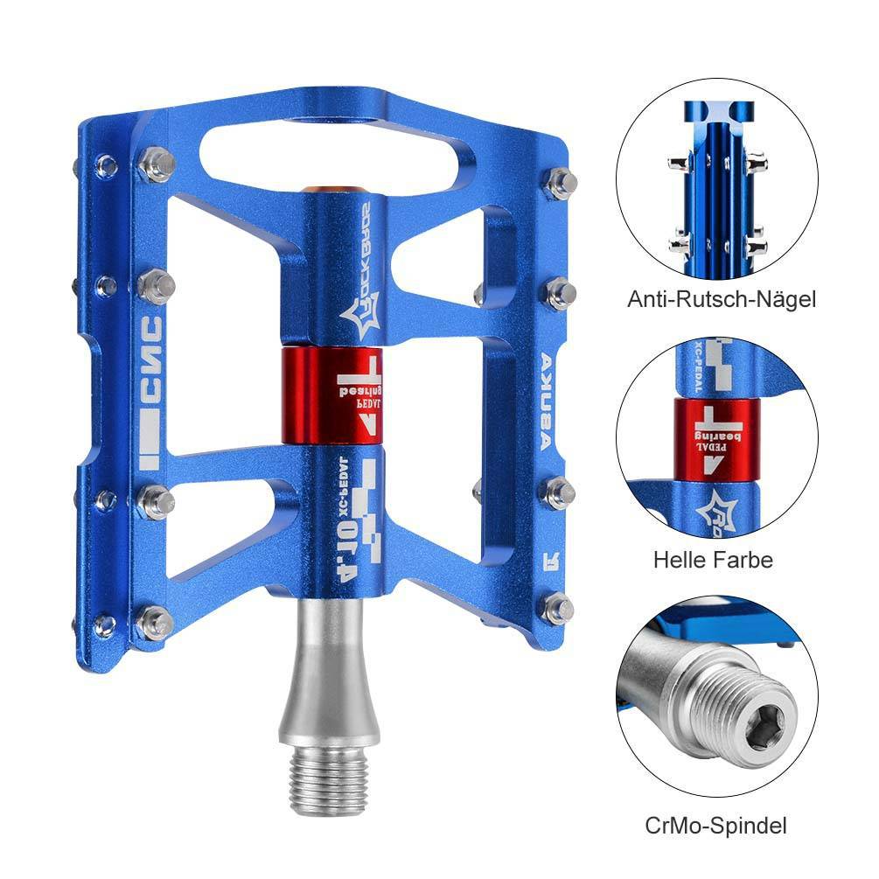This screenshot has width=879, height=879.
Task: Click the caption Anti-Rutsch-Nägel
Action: pyautogui.click(x=721, y=300)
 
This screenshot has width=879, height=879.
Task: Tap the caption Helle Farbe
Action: pyautogui.click(x=713, y=560)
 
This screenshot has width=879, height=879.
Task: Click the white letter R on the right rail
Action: pyautogui.click(x=543, y=557)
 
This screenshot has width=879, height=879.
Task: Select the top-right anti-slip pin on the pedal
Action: pyautogui.click(x=561, y=182)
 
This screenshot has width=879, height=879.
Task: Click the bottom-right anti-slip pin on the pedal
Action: pyautogui.click(x=558, y=608)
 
